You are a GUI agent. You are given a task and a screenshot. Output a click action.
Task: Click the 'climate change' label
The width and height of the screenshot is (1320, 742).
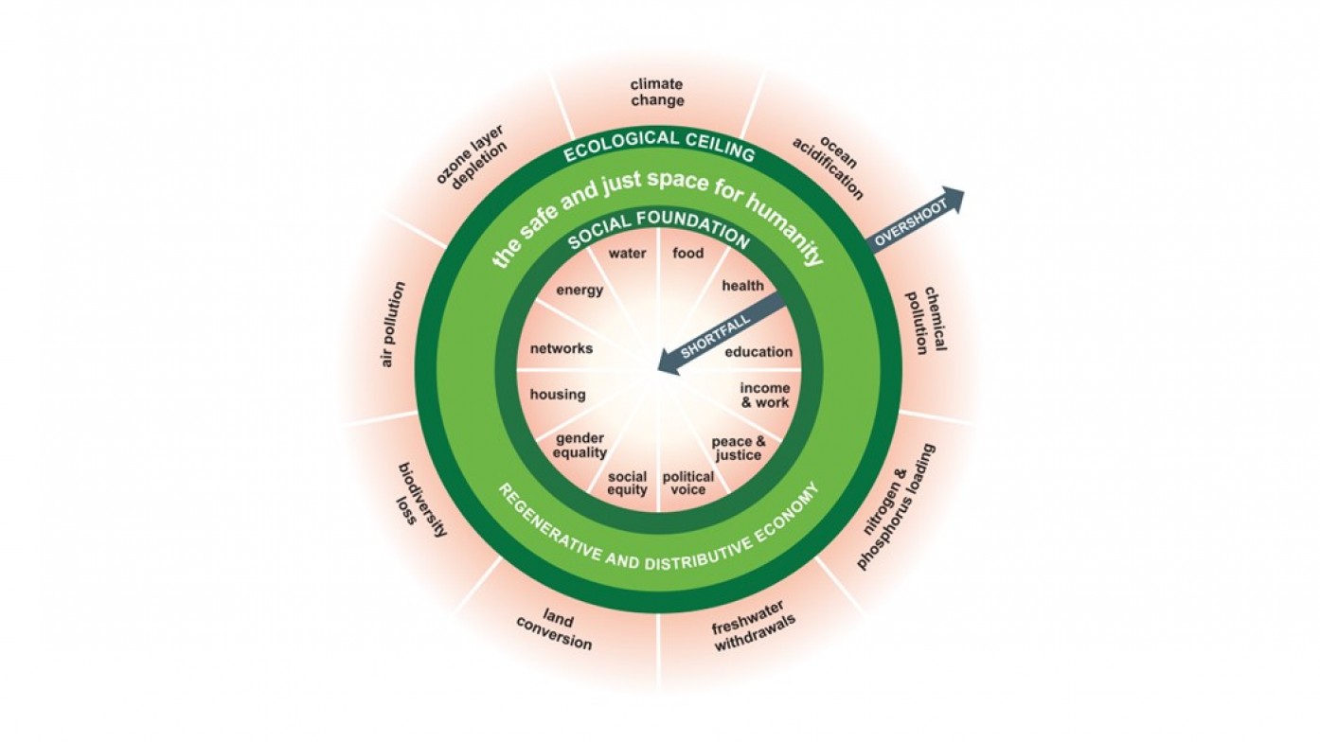(x=657, y=93)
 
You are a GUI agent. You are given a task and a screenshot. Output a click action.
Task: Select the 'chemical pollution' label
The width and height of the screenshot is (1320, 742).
(x=925, y=320)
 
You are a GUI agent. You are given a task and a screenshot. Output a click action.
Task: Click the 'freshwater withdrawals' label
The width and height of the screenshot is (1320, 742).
(x=753, y=626)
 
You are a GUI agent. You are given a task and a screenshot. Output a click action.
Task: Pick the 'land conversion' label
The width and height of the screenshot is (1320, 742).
(x=555, y=629)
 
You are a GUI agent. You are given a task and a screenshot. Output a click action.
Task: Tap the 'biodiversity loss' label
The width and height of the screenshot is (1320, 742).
(x=420, y=501)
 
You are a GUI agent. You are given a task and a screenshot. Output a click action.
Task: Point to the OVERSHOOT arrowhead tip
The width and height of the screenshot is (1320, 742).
(x=965, y=190)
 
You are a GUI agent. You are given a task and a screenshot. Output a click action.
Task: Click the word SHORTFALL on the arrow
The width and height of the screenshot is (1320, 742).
(x=715, y=337)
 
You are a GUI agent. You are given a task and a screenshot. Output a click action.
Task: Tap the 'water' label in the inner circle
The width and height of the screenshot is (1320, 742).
(x=627, y=254)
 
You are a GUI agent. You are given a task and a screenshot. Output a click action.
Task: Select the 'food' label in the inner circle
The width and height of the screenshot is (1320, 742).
(x=688, y=254)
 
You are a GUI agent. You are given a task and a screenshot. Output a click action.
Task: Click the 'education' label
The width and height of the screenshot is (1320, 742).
(x=758, y=351)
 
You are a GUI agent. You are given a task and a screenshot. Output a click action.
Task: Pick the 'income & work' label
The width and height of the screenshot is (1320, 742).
(x=765, y=396)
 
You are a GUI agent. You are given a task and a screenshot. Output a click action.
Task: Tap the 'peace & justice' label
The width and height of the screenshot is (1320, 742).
(x=739, y=449)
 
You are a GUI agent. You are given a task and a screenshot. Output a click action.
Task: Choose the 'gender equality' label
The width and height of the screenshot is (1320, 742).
(x=580, y=445)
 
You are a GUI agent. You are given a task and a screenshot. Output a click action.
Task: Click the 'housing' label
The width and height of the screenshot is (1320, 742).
(x=558, y=394)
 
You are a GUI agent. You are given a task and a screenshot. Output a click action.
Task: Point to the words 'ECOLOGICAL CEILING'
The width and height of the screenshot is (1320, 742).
(x=659, y=146)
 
